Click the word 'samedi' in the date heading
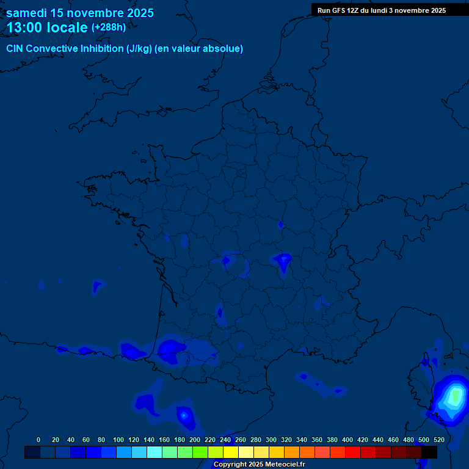point(26,13)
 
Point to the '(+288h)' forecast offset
point(108,27)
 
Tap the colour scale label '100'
point(118,440)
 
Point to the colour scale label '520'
point(439,440)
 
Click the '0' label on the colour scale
point(38,440)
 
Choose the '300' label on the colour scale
point(271,440)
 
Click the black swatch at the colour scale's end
point(429,453)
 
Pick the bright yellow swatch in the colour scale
point(231,453)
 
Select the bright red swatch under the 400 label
point(353,453)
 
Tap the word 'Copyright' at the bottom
point(229,465)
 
